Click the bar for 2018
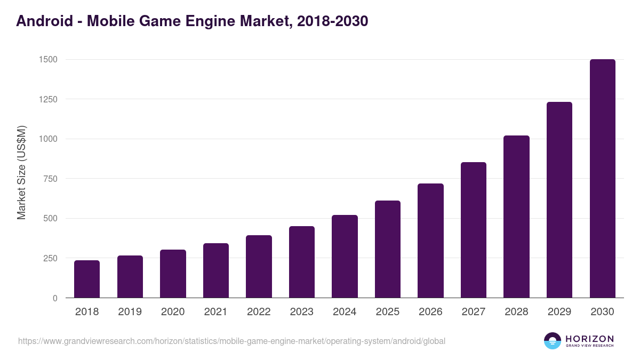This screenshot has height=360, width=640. coord(87,279)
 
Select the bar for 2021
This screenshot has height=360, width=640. coord(216,270)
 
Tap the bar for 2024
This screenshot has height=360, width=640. coord(345,257)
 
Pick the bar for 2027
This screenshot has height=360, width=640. coord(474,230)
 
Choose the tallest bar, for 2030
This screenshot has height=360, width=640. coord(602,179)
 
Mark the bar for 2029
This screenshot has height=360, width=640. coord(559,200)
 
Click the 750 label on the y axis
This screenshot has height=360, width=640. coord(50,179)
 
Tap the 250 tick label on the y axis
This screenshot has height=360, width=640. coord(50,259)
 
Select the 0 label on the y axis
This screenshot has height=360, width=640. coord(55,299)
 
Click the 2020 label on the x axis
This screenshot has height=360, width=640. coord(173,312)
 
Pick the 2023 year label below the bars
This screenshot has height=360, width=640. coord(302,312)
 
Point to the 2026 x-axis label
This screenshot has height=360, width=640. coord(430,312)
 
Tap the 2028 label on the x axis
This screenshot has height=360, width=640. coord(516,312)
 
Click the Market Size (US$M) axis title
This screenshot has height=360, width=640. coord(21,173)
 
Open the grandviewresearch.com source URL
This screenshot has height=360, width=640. coord(231,341)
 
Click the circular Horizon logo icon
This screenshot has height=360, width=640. coord(553,341)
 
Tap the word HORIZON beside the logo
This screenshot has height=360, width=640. coord(589,339)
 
